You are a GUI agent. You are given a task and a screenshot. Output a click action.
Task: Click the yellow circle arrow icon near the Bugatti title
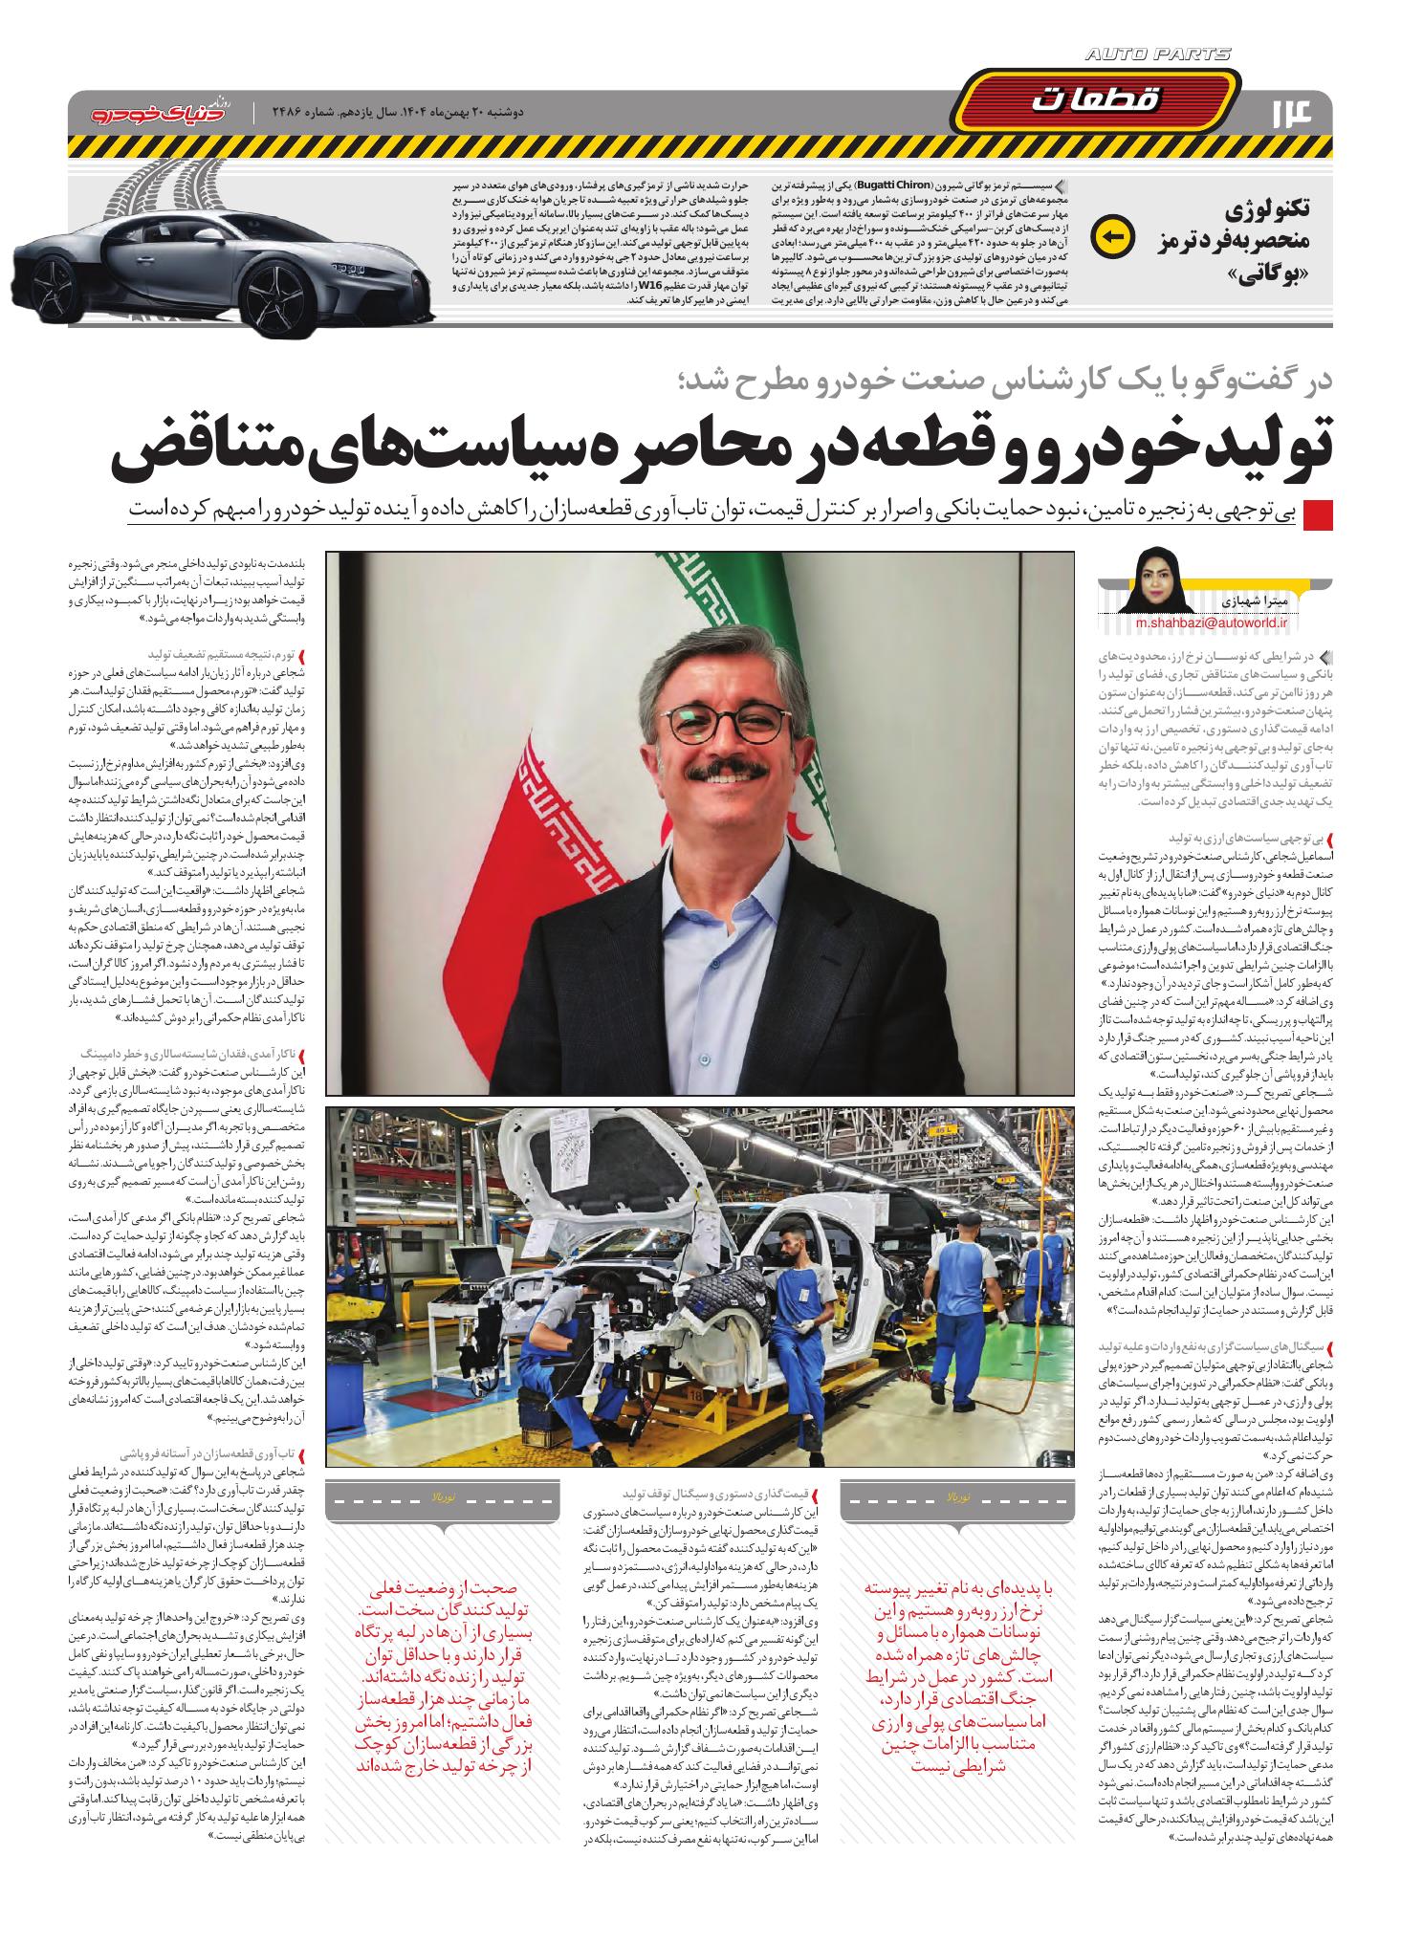(1113, 235)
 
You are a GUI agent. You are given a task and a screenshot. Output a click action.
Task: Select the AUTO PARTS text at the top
(1159, 55)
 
